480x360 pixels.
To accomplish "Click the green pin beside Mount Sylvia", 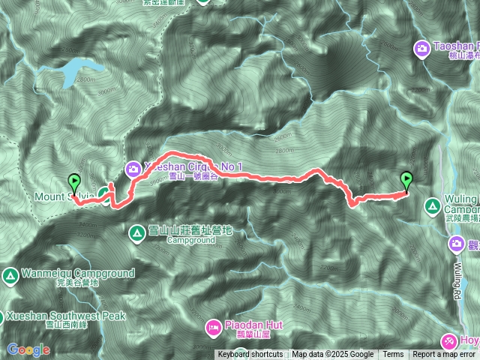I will [73, 181].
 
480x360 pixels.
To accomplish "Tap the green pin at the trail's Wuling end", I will [406, 180].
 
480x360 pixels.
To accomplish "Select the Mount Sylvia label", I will [64, 197].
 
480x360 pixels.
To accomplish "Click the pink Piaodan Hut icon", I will [213, 327].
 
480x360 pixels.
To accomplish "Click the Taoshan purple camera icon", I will [422, 49].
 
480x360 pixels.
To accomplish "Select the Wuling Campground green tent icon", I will [432, 205].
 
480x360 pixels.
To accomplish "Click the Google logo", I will [28, 349].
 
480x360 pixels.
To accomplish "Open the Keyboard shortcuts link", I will [250, 355].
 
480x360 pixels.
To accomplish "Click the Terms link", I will [393, 355].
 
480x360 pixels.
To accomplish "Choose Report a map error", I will [445, 355].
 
